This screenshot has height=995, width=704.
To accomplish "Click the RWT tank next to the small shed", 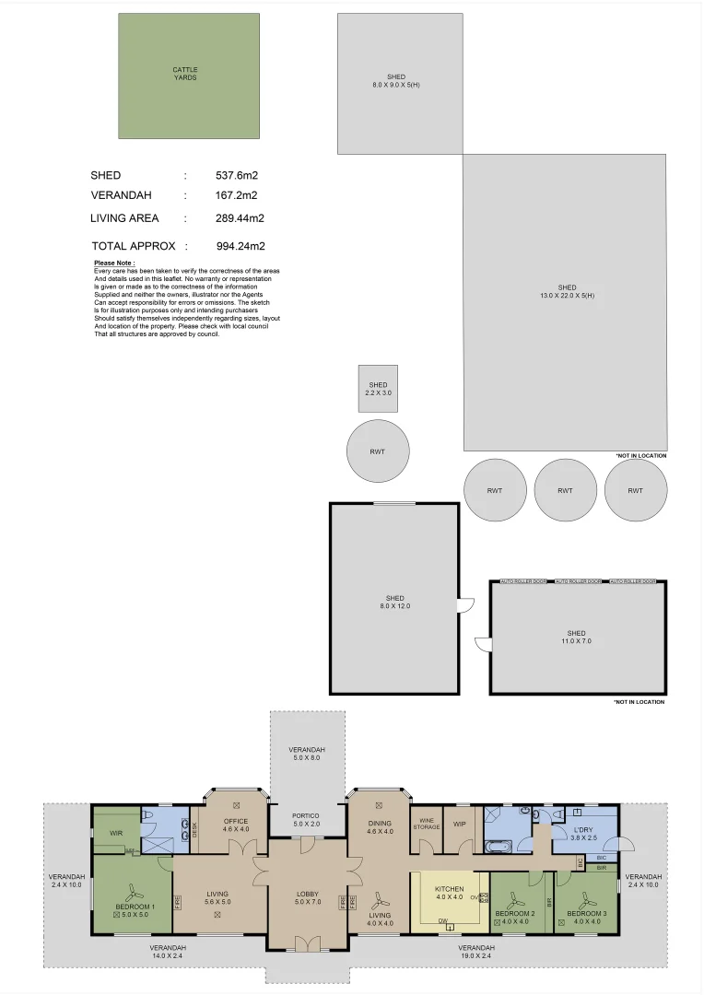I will pos(378,451).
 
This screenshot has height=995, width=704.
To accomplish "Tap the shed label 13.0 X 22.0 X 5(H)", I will pos(565,291).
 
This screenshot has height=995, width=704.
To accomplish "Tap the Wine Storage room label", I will pos(426,823).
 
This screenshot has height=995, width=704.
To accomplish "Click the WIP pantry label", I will pos(459,823).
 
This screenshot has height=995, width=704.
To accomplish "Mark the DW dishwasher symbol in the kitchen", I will pos(443,919).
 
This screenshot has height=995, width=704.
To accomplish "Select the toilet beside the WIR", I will pos(150,814).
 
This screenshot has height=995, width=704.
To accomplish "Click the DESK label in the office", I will pos(194,829).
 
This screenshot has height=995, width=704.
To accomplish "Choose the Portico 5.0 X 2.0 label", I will pos(306,819).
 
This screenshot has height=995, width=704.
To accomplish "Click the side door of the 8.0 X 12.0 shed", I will pos(465,604).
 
